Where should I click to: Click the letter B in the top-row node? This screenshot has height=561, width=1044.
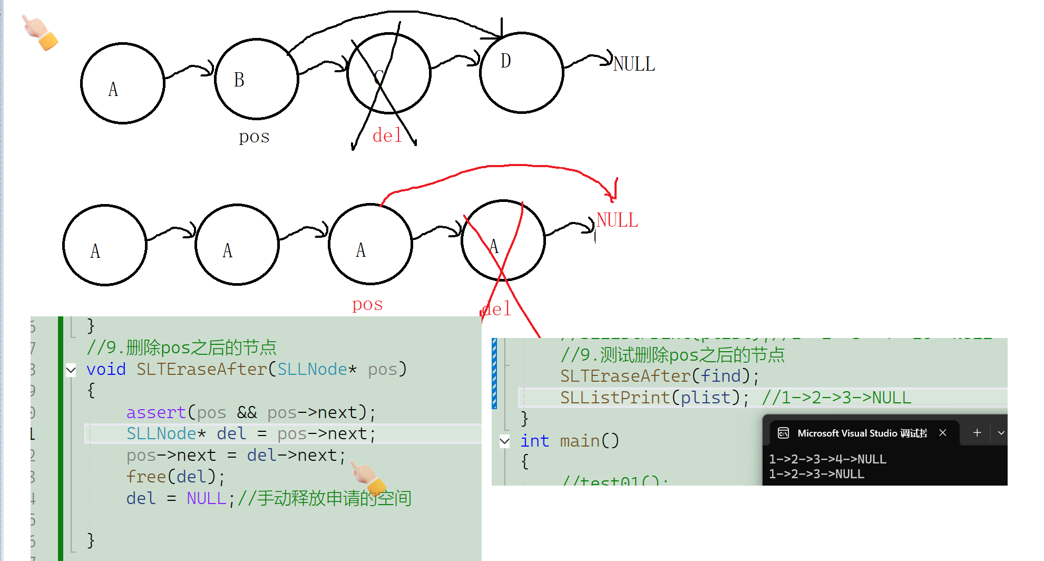pos(239,80)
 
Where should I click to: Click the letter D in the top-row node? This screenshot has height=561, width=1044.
pos(506,61)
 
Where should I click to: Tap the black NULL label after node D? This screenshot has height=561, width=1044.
pos(634,64)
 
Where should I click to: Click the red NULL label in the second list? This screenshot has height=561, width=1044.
pos(617,220)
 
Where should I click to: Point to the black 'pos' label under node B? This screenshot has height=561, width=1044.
pos(254,137)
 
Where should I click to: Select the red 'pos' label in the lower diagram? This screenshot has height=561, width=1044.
pos(367,304)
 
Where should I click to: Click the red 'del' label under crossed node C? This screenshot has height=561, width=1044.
pos(387,136)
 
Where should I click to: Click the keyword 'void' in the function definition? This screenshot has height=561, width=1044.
pos(106,369)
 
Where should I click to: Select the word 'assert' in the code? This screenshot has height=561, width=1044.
pos(156,412)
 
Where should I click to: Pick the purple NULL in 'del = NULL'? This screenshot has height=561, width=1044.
pos(206,498)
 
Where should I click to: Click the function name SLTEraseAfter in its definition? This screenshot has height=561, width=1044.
pos(202,369)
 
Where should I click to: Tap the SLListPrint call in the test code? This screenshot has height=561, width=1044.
pos(614,398)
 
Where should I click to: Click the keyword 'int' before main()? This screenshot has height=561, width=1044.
pos(534,441)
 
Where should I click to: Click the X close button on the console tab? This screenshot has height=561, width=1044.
pos(943,433)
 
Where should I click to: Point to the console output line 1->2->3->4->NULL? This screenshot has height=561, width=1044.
pos(827,459)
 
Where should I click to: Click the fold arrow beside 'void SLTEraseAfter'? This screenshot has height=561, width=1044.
pos(71,370)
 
